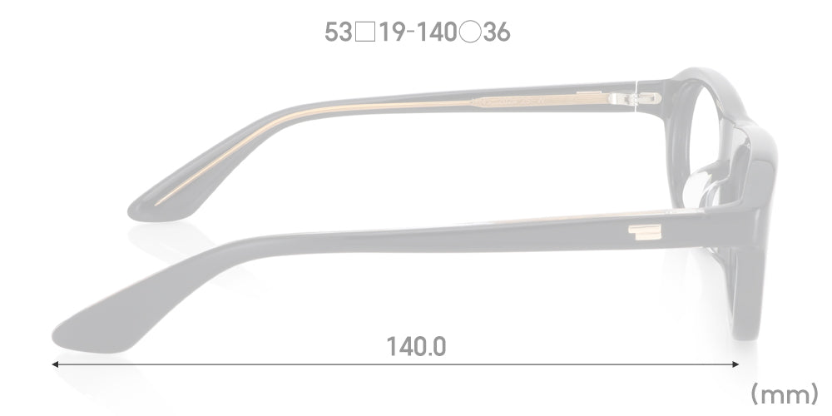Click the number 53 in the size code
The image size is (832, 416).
(339, 32)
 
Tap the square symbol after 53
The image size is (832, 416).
(365, 32)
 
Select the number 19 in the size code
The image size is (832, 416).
(393, 32)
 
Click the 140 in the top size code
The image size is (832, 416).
(436, 32)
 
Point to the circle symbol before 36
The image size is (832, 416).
(470, 32)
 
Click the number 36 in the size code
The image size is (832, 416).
(497, 32)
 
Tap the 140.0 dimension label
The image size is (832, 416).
(416, 347)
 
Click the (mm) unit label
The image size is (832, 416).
(784, 394)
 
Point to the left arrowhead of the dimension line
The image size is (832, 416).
(55, 364)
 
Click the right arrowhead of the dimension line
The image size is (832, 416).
(735, 364)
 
